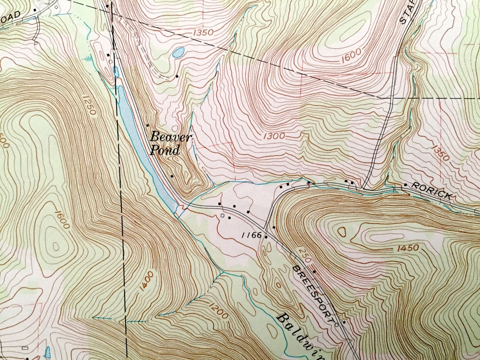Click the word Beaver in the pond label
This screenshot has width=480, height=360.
click(171, 136)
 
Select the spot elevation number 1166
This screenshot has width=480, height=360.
click(252, 235)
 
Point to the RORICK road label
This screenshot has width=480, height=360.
click(432, 190)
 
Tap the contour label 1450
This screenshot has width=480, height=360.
click(407, 248)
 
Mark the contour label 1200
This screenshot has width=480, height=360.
click(218, 310)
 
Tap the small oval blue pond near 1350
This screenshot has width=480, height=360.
click(178, 53)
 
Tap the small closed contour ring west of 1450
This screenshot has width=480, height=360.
click(341, 232)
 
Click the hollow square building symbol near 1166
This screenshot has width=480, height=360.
click(223, 215)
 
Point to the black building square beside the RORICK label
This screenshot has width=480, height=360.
click(405, 185)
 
